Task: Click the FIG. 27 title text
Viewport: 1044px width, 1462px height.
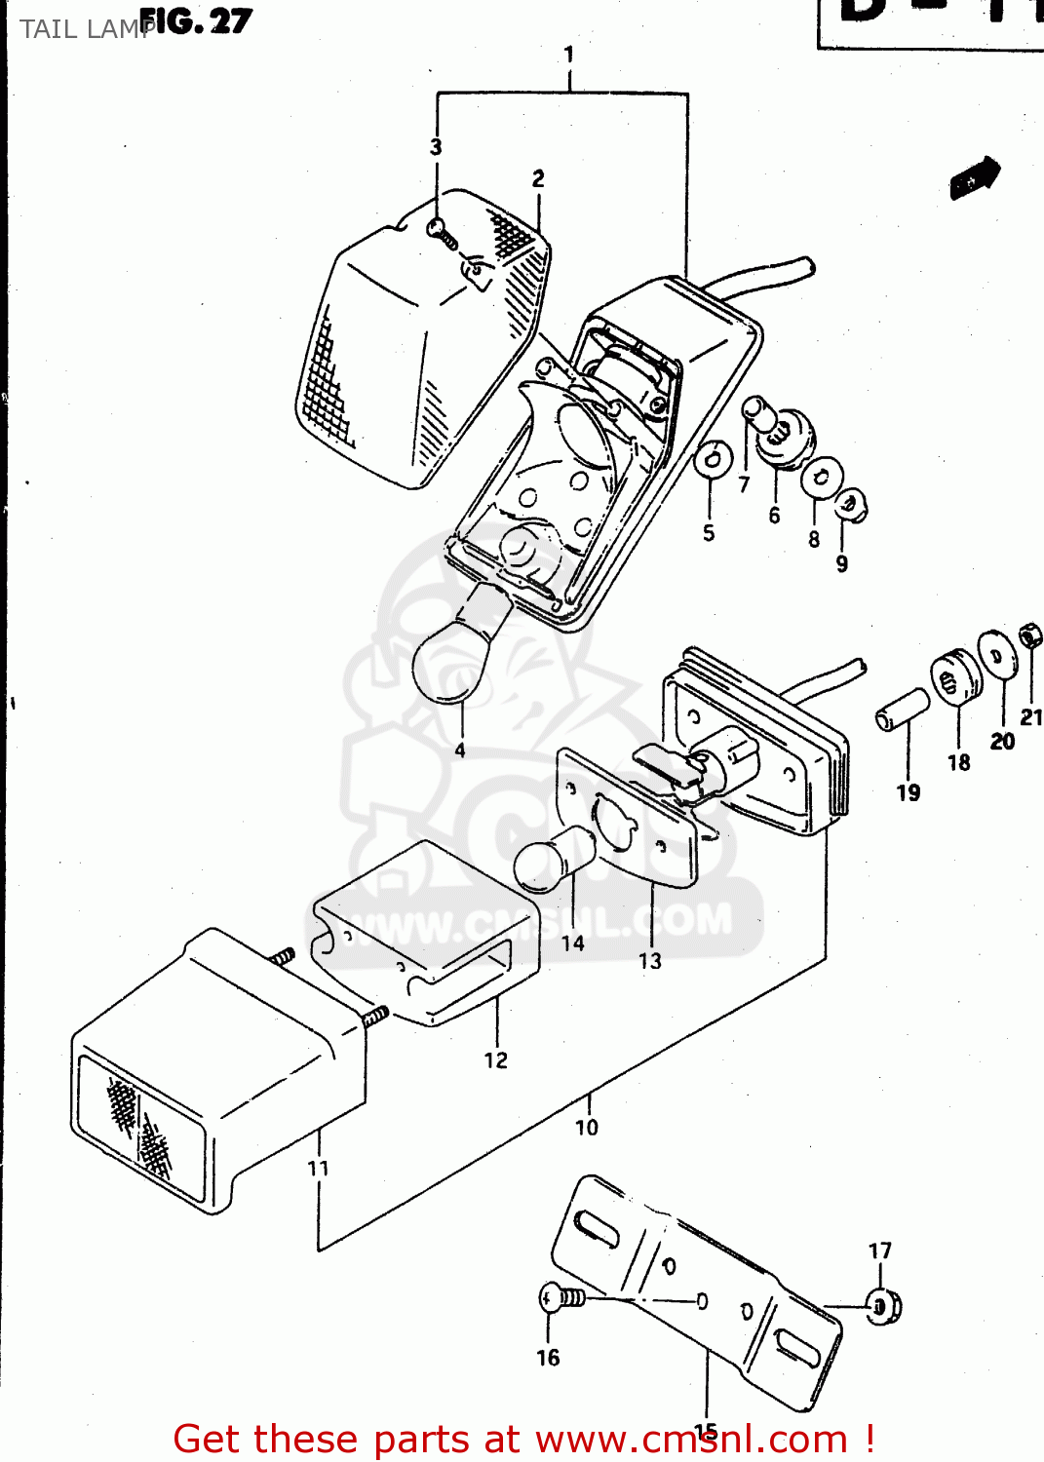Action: coord(196,21)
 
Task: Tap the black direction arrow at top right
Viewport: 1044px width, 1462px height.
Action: coord(975,177)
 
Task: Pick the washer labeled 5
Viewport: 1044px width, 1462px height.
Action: coord(713,459)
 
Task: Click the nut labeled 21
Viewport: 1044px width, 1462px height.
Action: coord(1029,635)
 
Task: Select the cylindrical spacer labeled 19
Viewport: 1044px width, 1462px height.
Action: coord(902,709)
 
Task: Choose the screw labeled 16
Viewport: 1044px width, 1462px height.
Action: coord(561,1298)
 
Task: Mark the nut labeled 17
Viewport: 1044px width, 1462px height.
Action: coord(883,1305)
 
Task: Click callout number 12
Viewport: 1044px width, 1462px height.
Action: coord(495,1060)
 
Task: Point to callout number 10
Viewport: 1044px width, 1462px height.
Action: coord(586,1128)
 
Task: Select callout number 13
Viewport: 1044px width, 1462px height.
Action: coord(649,961)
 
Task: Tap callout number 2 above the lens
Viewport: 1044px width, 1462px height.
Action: coord(538,178)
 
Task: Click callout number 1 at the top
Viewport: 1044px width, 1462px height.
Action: coord(569,55)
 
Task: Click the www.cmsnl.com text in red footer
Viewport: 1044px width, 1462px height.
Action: coord(691,1440)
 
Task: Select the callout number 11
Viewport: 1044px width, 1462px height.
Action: coord(318,1168)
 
